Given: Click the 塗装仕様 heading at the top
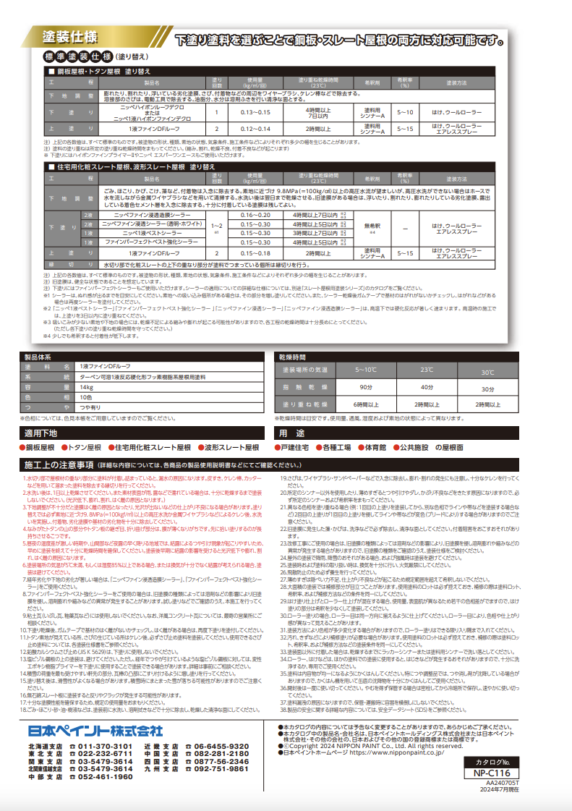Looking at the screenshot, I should pos(69,37).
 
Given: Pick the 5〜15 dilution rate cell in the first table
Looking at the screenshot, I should pos(406,128).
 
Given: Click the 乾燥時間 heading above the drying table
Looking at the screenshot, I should pos(294,357).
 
